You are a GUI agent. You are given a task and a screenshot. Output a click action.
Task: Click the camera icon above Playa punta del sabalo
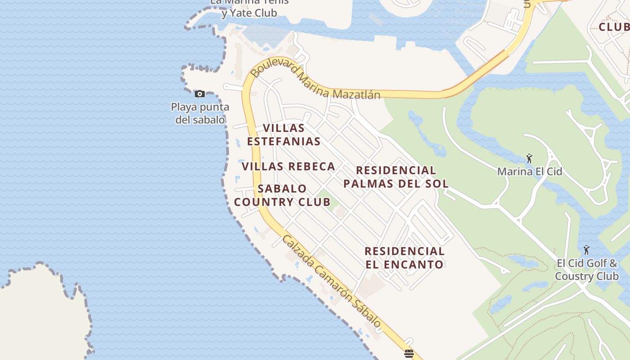coord(200,94)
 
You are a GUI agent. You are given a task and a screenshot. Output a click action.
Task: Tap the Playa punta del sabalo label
coord(200,113)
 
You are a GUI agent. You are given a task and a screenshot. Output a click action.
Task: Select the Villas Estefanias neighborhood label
coord(283,135)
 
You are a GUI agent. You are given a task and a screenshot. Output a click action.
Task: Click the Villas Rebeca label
coord(288,166)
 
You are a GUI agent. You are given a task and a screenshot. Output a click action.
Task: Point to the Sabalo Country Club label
coord(282,195)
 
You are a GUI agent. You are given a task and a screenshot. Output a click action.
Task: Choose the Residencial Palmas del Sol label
coord(396,177)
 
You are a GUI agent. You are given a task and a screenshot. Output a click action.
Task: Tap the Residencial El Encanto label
coord(405,258)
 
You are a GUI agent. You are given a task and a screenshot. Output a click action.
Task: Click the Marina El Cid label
coord(530,171)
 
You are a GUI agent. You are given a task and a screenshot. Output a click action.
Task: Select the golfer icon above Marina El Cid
coord(529,158)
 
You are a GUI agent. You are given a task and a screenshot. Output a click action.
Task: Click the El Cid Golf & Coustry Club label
coord(587,270)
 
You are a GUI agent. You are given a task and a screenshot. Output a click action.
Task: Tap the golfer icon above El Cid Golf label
coord(586,250)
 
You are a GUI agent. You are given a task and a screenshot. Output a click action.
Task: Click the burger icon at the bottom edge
coord(409,353)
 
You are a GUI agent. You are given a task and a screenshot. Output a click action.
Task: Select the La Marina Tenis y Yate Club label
coord(250,7)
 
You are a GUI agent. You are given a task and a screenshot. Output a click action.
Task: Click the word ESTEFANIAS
coord(283,141)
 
